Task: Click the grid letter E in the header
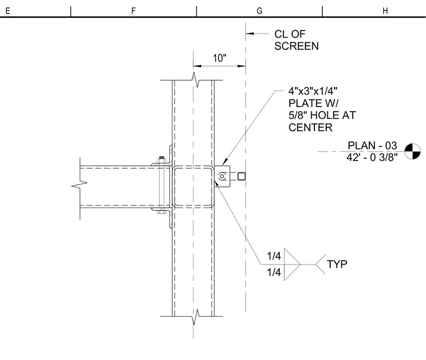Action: pyautogui.click(x=8, y=11)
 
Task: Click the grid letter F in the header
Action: pyautogui.click(x=133, y=11)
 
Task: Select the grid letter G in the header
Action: pyautogui.click(x=260, y=11)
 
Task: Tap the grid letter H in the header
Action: pyautogui.click(x=385, y=11)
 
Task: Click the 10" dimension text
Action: pyautogui.click(x=220, y=58)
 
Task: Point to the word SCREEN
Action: pyautogui.click(x=297, y=46)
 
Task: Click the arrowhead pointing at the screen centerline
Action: pyautogui.click(x=249, y=34)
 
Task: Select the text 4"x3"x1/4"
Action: pyautogui.click(x=313, y=91)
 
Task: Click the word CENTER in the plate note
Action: pyautogui.click(x=311, y=127)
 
